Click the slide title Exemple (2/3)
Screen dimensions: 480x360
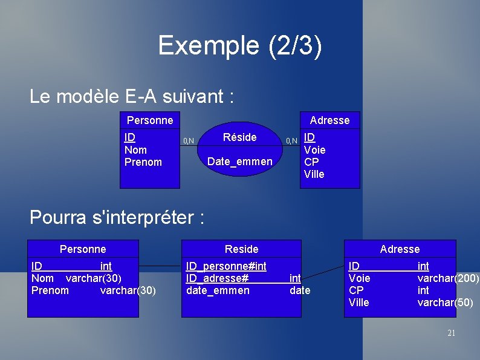[240, 45]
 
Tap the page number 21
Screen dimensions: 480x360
[451, 333]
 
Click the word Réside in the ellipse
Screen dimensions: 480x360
[239, 137]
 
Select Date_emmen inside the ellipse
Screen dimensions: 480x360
[239, 162]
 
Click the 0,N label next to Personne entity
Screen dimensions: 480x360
[189, 142]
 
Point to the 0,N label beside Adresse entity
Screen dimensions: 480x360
[291, 142]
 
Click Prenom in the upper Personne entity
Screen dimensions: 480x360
[143, 162]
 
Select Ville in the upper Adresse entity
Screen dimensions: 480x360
[314, 174]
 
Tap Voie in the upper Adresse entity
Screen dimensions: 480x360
[314, 150]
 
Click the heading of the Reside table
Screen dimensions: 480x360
[241, 249]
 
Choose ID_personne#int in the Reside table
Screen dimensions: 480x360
[226, 266]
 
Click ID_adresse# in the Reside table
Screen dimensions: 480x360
[217, 278]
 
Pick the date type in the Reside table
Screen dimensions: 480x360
[300, 290]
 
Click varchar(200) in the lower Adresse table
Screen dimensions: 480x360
[448, 278]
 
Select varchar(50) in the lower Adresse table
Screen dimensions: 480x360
[446, 303]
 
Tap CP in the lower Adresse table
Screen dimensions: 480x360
[356, 290]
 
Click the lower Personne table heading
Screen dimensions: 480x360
[83, 249]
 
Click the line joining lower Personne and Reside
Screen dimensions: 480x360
[160, 266]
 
